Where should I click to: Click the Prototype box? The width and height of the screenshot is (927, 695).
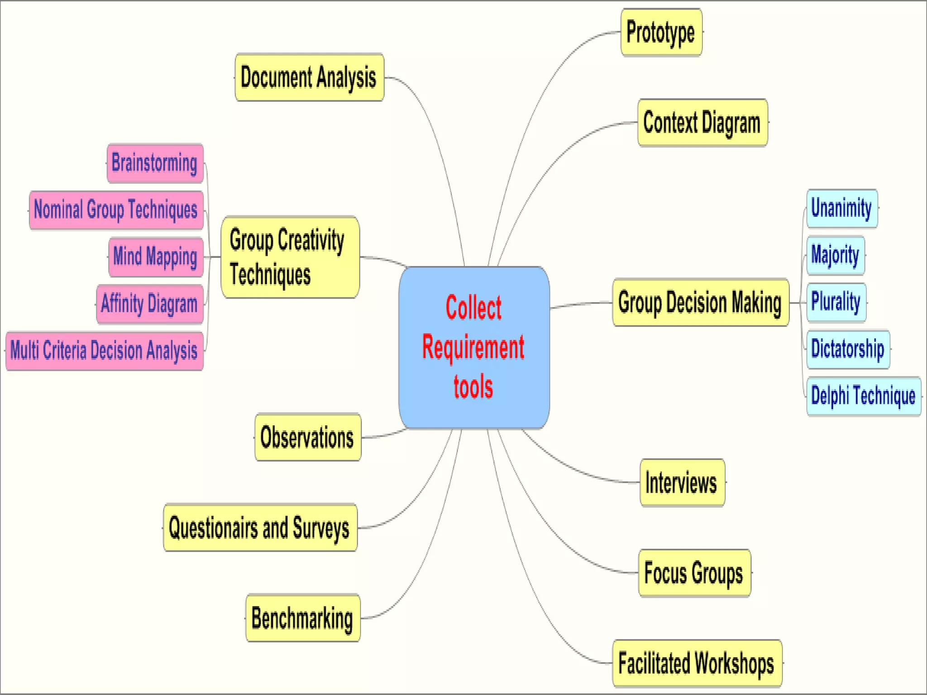click(x=661, y=33)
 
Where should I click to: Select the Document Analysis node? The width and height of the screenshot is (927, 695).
click(x=309, y=77)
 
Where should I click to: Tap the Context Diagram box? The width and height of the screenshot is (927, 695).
click(x=702, y=123)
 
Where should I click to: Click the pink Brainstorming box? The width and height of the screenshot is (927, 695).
click(x=155, y=163)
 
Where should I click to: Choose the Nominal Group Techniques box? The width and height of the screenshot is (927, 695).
click(x=116, y=210)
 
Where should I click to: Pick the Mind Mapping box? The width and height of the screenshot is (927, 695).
click(x=155, y=257)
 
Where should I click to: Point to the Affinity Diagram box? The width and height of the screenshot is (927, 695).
click(x=149, y=304)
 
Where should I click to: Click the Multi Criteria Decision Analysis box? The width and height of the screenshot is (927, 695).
click(x=104, y=351)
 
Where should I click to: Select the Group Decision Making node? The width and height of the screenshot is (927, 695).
click(x=700, y=302)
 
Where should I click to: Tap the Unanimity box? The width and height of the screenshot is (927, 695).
click(x=841, y=209)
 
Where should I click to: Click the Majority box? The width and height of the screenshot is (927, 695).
click(x=835, y=255)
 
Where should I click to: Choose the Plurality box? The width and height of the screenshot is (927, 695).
click(x=836, y=302)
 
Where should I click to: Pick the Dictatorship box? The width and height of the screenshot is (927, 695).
click(x=848, y=349)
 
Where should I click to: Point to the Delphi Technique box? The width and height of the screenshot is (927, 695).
click(x=863, y=396)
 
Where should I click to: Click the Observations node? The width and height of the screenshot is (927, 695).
click(x=307, y=438)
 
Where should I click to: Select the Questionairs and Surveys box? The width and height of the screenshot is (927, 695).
click(x=260, y=528)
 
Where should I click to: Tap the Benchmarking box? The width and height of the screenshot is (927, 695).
click(x=302, y=618)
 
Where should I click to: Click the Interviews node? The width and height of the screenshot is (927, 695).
click(x=682, y=482)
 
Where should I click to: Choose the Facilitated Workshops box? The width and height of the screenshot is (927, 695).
click(x=697, y=663)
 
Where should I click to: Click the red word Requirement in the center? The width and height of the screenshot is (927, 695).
click(x=473, y=347)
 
